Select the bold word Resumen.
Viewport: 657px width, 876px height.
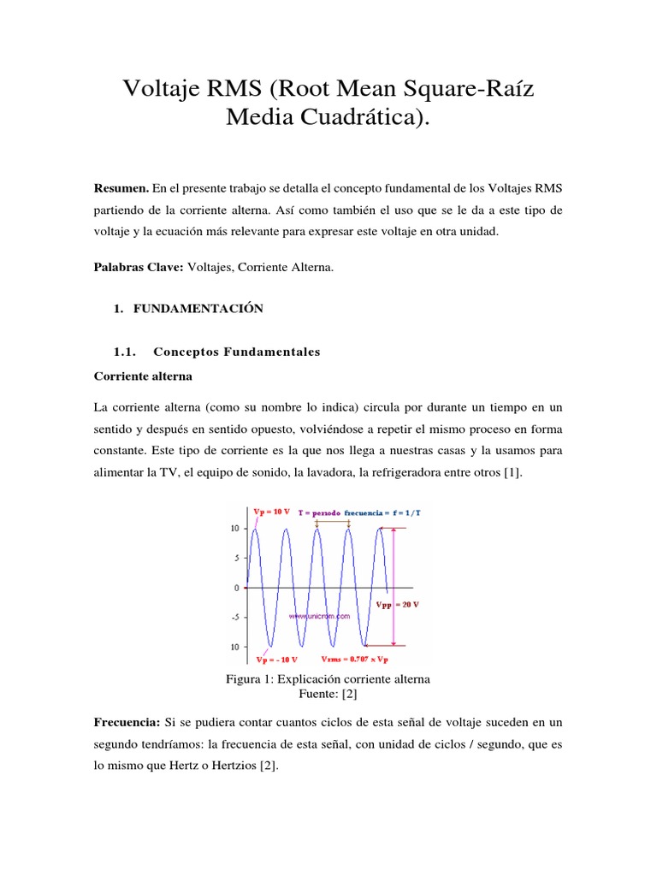121,187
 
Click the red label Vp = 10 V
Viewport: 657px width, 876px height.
273,512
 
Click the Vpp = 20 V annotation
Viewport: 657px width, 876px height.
397,604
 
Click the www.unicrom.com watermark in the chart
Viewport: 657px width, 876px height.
320,615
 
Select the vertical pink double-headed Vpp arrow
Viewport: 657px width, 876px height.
394,586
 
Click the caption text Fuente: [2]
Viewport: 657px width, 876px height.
328,694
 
